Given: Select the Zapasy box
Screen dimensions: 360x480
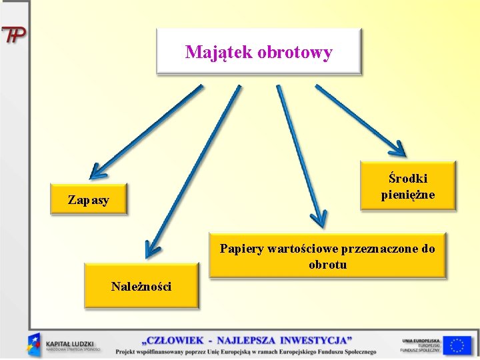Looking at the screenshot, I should tap(89, 199).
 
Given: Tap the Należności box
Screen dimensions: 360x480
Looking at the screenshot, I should tap(141, 286).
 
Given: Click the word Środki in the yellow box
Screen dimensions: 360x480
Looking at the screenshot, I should tap(408, 178).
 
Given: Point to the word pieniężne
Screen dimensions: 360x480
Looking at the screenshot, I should tap(408, 195).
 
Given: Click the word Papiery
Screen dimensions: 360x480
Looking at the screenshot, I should tap(241, 249).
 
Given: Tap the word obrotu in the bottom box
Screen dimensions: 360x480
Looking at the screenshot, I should tap(327, 265).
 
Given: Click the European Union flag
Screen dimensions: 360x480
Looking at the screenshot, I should tap(457, 345).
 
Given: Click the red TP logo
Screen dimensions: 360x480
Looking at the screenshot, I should tap(13, 35).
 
